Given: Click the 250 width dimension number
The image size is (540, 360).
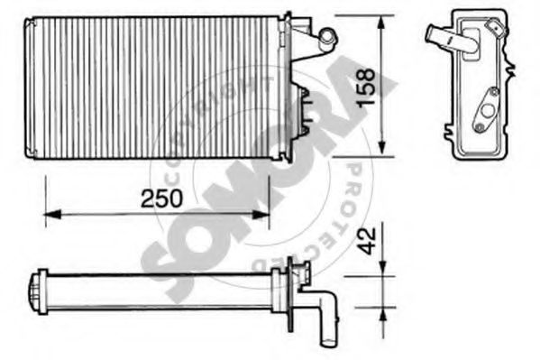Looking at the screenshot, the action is click(161, 198).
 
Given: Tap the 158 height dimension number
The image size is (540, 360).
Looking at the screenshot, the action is click(365, 88).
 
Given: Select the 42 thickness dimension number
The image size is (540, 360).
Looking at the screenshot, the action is click(366, 241).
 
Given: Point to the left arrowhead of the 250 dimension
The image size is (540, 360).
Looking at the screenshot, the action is click(52, 215).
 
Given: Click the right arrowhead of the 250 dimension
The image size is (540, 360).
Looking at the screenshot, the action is click(261, 215).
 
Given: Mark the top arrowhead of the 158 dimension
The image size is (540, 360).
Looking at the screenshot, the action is click(381, 24).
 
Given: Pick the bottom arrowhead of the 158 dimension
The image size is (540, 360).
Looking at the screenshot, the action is click(381, 147).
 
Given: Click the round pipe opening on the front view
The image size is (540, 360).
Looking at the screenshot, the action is click(327, 35).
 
